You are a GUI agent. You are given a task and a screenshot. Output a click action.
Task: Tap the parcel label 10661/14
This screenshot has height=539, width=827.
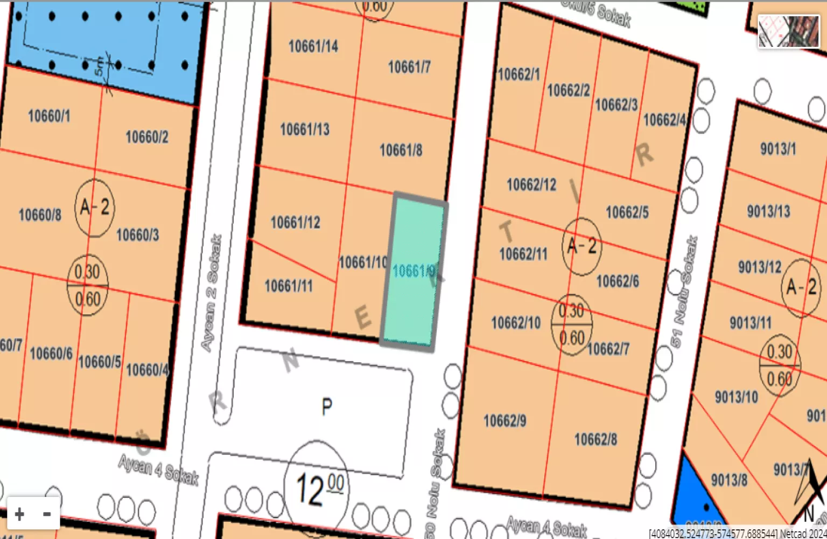[x=313, y=46]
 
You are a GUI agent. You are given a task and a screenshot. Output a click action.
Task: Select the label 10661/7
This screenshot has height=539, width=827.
[x=409, y=67]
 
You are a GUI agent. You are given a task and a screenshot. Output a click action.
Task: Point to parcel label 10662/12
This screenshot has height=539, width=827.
[x=531, y=185]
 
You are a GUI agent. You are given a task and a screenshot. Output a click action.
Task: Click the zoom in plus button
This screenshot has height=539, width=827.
[x=20, y=514]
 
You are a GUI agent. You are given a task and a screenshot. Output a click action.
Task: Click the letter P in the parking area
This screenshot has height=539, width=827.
[x=327, y=406]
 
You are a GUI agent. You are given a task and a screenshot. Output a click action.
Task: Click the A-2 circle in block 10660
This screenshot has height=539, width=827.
[x=95, y=208]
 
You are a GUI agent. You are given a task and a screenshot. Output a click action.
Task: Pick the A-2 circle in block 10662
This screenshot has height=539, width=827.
[x=581, y=246]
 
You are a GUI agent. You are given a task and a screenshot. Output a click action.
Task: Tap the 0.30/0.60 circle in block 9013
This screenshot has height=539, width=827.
[x=779, y=365]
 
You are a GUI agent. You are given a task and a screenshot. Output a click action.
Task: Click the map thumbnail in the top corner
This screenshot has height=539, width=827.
[x=788, y=31]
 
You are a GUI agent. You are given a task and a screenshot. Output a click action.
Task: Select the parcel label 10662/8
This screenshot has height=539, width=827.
[x=595, y=439]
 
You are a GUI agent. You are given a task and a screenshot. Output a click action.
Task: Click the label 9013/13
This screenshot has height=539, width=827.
[x=768, y=211]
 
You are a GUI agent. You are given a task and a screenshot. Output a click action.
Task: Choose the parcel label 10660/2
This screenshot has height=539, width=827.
[x=147, y=137]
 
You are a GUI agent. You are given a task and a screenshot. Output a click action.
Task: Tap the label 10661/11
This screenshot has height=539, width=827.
[x=289, y=286]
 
